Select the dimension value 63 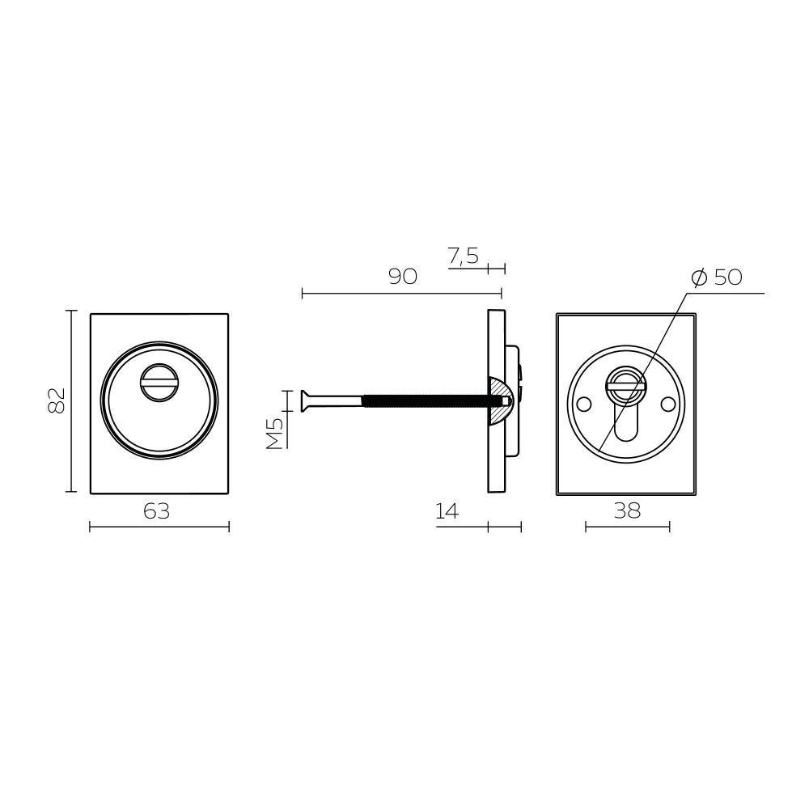tap(156, 511)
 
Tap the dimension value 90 tap(402, 277)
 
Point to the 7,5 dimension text tap(464, 256)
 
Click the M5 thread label tap(275, 434)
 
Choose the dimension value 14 tap(447, 511)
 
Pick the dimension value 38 tap(628, 510)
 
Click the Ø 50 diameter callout tap(717, 277)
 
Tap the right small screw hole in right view tap(669, 404)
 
